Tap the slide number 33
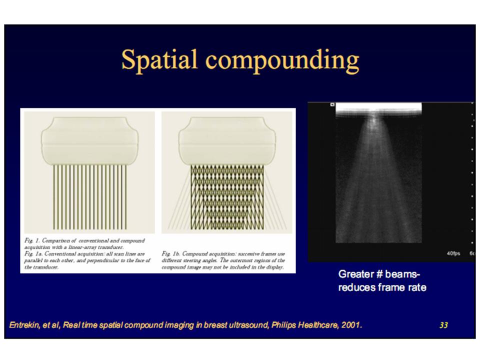point(443,325)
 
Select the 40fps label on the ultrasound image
point(453,254)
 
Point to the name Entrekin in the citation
point(25,325)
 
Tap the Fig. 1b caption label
point(170,254)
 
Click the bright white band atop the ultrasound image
point(378,109)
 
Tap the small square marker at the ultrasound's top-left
point(331,105)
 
